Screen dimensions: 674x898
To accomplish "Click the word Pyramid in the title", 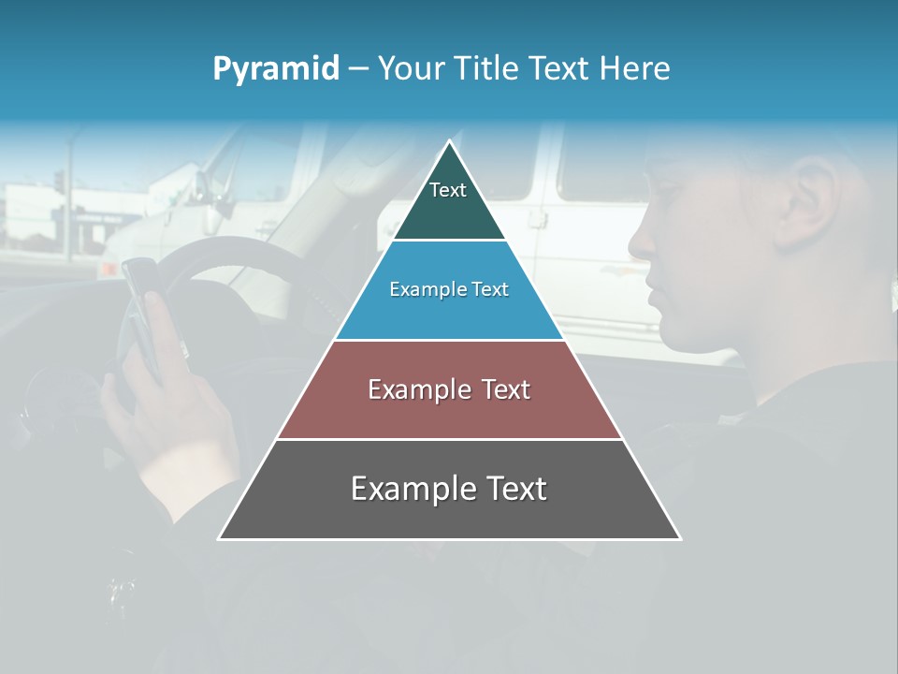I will point(275,69).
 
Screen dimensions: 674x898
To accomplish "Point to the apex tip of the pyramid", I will point(449,142).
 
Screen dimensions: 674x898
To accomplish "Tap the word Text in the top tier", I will point(447,190).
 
